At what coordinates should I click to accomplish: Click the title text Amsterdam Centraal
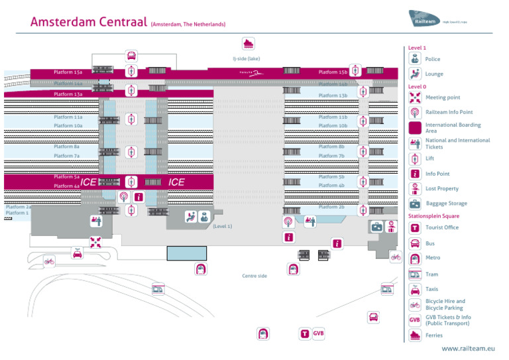tap(89, 22)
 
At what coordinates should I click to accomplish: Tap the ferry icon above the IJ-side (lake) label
tap(249, 44)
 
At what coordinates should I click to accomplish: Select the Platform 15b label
tap(333, 72)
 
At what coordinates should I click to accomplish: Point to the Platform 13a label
tap(68, 94)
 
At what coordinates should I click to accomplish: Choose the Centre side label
tap(254, 276)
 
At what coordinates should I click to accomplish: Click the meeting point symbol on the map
tap(96, 242)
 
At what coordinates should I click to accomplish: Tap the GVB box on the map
tap(319, 333)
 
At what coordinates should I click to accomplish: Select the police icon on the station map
tap(204, 216)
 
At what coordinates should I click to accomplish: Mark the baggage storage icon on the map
tap(376, 227)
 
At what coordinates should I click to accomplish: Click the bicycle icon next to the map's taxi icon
tap(49, 261)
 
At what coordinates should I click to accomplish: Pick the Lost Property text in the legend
tap(441, 189)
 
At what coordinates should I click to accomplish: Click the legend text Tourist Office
tap(442, 227)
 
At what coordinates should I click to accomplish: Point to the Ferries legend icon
tap(415, 335)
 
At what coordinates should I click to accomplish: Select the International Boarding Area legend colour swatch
tap(415, 128)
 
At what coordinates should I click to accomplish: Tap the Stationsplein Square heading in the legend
tap(433, 216)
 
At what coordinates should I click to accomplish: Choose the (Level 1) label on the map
tap(223, 227)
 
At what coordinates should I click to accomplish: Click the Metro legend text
tap(432, 258)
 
